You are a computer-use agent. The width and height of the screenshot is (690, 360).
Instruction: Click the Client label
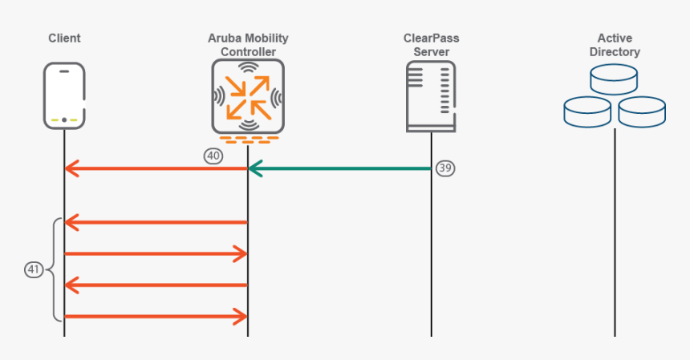click(64, 38)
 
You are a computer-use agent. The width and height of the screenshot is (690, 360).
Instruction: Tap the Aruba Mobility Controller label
click(248, 45)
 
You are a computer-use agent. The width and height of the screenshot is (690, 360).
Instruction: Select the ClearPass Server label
click(432, 45)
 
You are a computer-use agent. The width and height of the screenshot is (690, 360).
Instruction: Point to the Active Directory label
click(615, 45)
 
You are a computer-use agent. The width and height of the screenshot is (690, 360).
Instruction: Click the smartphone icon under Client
click(64, 96)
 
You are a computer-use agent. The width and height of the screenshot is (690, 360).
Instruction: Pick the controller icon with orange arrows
click(248, 95)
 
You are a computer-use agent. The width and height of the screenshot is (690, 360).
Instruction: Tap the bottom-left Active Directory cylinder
click(587, 111)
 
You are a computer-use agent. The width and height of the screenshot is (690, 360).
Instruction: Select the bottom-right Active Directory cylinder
click(642, 111)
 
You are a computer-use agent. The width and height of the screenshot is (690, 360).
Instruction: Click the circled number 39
click(445, 168)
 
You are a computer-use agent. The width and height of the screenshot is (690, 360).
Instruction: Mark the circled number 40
click(213, 156)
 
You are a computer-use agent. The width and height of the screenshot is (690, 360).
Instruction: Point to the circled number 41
click(34, 270)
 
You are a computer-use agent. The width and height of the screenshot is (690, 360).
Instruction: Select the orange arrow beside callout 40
click(156, 168)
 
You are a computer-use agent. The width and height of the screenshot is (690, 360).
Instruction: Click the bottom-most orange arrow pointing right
click(156, 317)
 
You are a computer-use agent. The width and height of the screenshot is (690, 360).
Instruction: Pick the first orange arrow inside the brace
click(156, 221)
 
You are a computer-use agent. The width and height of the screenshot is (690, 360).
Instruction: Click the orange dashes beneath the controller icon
click(248, 140)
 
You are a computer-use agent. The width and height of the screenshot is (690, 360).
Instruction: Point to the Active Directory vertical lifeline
click(615, 241)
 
